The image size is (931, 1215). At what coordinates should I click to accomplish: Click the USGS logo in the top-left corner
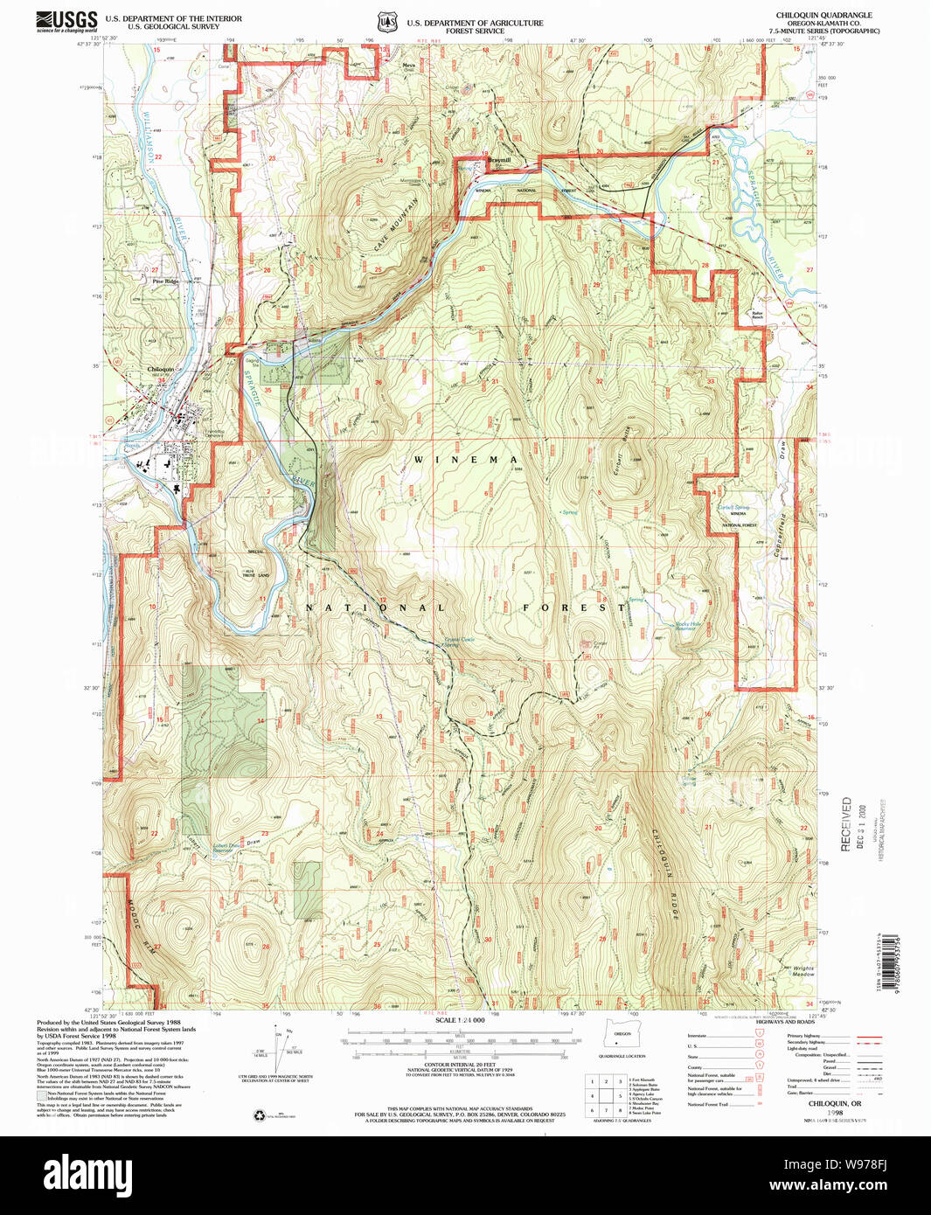[x=66, y=21]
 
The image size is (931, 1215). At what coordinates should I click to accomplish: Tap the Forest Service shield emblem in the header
[x=386, y=23]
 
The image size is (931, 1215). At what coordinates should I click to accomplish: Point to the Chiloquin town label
[x=161, y=370]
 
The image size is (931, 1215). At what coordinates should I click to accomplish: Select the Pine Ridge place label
[x=165, y=281]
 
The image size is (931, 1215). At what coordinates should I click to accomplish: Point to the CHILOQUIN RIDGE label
[x=664, y=873]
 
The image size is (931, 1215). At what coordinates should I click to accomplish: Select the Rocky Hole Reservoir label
[x=689, y=626]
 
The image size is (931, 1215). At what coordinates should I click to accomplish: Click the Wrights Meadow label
[x=803, y=971]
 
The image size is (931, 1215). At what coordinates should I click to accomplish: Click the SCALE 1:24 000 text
[x=459, y=1020]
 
